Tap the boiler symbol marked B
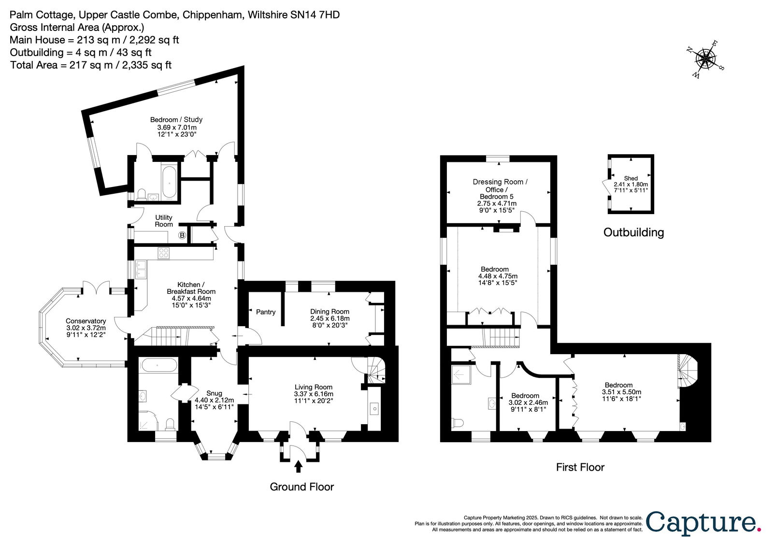click(182, 235)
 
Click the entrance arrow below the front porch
click(299, 466)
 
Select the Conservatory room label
click(86, 321)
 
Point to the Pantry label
click(266, 312)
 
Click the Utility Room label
click(164, 221)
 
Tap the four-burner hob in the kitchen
click(164, 253)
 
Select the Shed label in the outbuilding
click(631, 178)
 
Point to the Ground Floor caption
click(301, 487)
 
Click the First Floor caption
click(580, 467)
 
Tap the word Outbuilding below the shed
click(633, 232)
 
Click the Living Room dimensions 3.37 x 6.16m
click(314, 394)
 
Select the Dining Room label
click(329, 311)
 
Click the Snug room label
click(214, 393)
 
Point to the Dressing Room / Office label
click(500, 186)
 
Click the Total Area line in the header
click(91, 65)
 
